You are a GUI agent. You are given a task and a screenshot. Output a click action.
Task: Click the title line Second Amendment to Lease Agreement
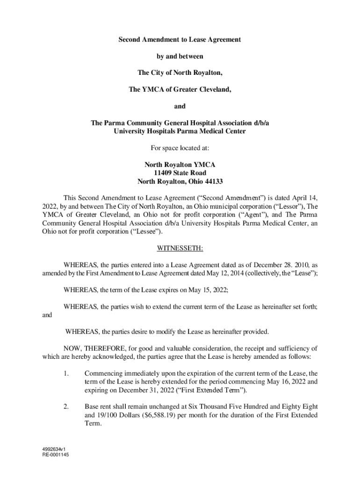(180, 40)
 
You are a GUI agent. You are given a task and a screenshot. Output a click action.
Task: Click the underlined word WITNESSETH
(180, 247)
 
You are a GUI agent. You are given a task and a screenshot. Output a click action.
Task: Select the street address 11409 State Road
(180, 173)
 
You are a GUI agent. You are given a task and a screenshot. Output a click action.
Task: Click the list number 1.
(66, 373)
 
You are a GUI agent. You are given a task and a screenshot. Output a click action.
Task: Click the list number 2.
(66, 406)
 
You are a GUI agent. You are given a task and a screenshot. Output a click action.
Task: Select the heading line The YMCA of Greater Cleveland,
(180, 89)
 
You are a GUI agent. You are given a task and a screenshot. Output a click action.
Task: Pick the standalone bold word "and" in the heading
(180, 106)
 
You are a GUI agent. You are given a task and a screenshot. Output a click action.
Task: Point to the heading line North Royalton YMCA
(180, 165)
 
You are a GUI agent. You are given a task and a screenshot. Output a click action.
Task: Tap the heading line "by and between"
(180, 56)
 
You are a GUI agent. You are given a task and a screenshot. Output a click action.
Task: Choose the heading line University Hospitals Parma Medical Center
(180, 131)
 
